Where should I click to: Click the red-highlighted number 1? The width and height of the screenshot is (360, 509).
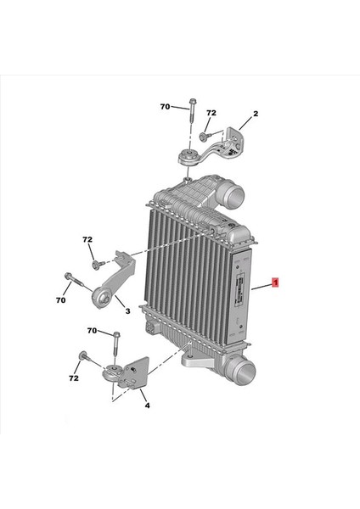click(275, 281)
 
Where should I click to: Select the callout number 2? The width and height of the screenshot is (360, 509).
click(255, 113)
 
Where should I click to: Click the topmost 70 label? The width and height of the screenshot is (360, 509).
click(166, 107)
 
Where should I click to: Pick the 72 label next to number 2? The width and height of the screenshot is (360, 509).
click(211, 113)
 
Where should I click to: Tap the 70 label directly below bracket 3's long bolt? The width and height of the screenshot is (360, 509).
click(60, 299)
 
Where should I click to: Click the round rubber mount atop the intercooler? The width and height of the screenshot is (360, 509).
click(186, 159)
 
